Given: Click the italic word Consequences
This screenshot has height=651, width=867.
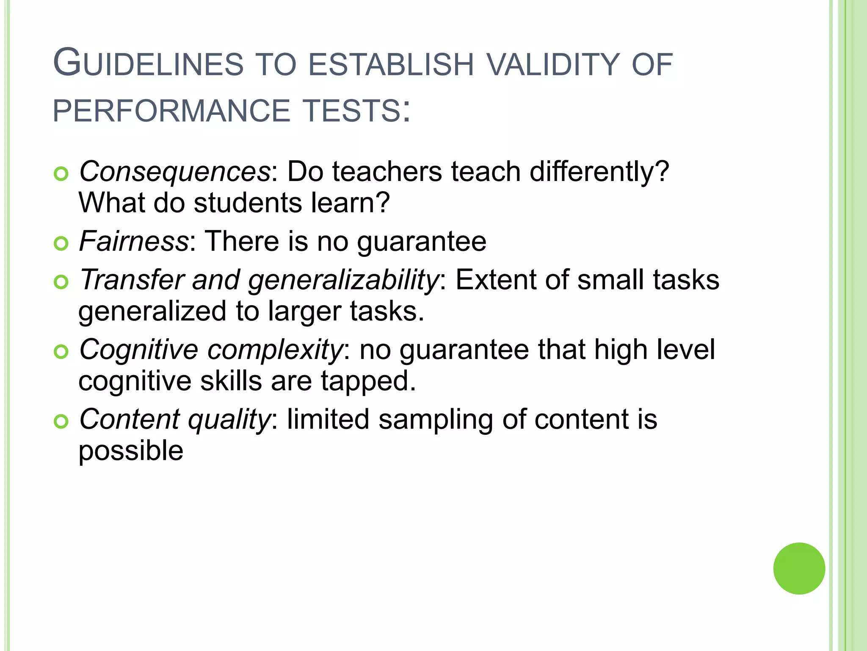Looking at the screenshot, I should point(175,172).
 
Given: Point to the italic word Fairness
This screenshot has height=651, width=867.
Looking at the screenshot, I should point(134,242).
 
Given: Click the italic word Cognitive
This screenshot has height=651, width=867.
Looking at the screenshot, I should point(138,350).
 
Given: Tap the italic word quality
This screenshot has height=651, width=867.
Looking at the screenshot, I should point(229,420).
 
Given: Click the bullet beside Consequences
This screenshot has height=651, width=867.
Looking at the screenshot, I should point(61,174).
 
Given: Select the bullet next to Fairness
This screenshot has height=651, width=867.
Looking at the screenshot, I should point(61,244).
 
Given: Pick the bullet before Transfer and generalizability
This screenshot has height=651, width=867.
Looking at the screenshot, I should point(61,282).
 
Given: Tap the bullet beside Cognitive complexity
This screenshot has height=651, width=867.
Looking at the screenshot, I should point(61,352).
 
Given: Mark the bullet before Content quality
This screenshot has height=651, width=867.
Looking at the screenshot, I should point(61,421).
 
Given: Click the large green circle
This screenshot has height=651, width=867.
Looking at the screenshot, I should point(799,568).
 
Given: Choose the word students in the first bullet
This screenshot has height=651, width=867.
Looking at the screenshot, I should point(248,203).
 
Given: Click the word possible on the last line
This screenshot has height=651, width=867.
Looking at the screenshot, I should point(131,451).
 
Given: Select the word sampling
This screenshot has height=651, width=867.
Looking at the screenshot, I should point(436,420).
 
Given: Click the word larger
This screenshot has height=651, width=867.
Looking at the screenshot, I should point(304,312).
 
